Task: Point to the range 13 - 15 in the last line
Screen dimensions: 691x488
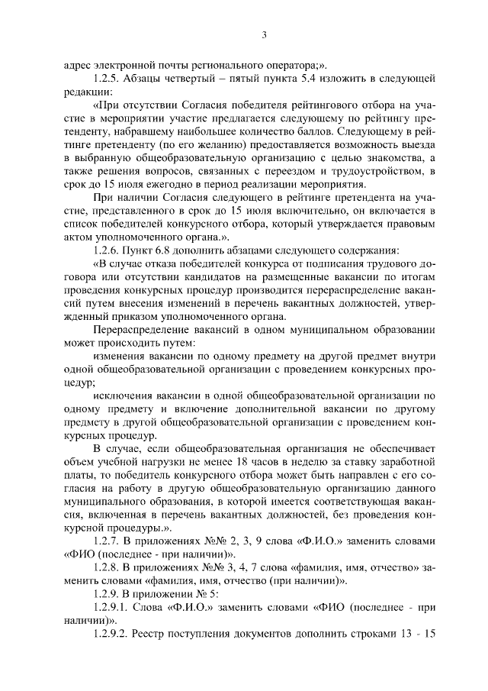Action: tap(417, 634)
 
